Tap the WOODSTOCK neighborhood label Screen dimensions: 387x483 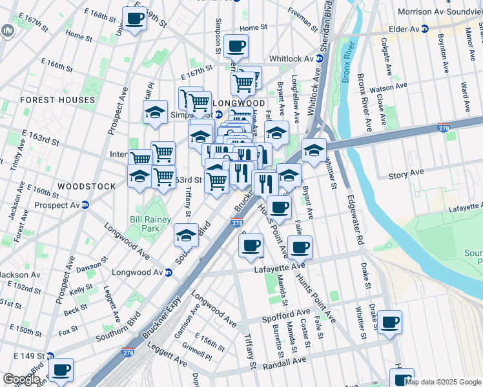point(87,186)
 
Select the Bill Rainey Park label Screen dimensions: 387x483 point(150,224)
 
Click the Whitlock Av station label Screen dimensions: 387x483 point(296,58)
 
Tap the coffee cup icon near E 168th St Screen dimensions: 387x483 point(134,19)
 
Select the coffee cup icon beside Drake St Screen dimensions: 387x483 point(389,322)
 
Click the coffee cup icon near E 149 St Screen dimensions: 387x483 point(61,370)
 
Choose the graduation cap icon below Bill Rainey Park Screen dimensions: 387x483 point(186,235)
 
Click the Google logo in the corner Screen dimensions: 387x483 point(21,379)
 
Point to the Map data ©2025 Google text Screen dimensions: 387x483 point(443,382)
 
